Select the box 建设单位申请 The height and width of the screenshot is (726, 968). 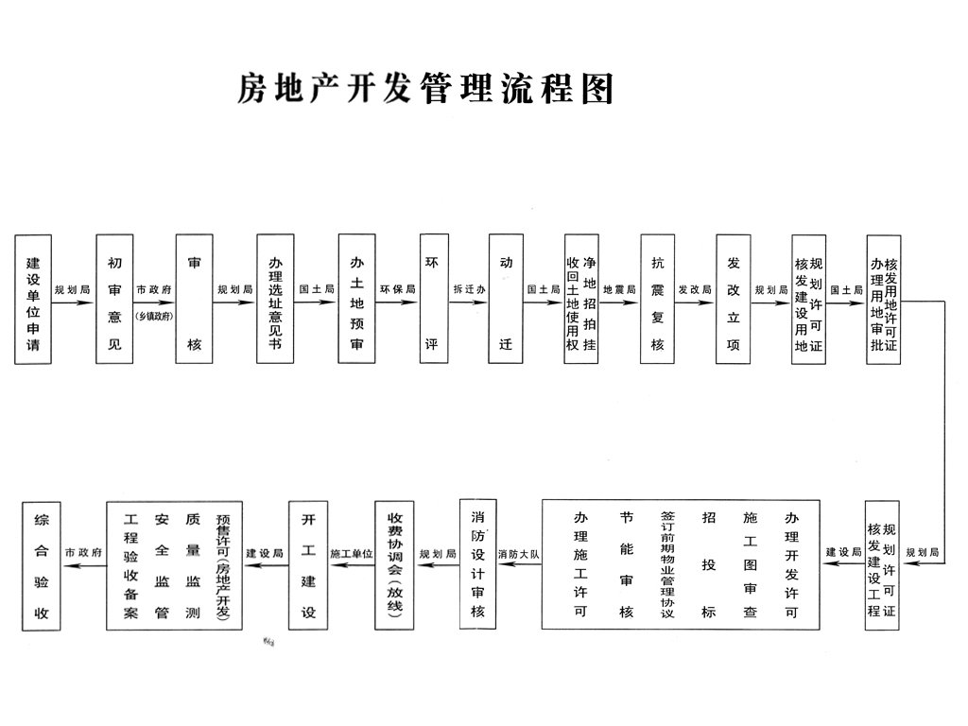(33, 300)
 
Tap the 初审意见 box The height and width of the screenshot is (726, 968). (114, 300)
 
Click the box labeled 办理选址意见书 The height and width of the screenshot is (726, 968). (275, 300)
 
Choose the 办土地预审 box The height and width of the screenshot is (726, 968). (356, 300)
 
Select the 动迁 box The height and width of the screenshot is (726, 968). (506, 300)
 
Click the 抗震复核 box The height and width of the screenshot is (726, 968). (657, 300)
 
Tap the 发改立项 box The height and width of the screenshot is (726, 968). (733, 300)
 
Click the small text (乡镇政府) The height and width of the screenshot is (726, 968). (154, 316)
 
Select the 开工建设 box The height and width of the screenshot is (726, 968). (308, 564)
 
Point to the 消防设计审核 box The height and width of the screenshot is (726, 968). (478, 564)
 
